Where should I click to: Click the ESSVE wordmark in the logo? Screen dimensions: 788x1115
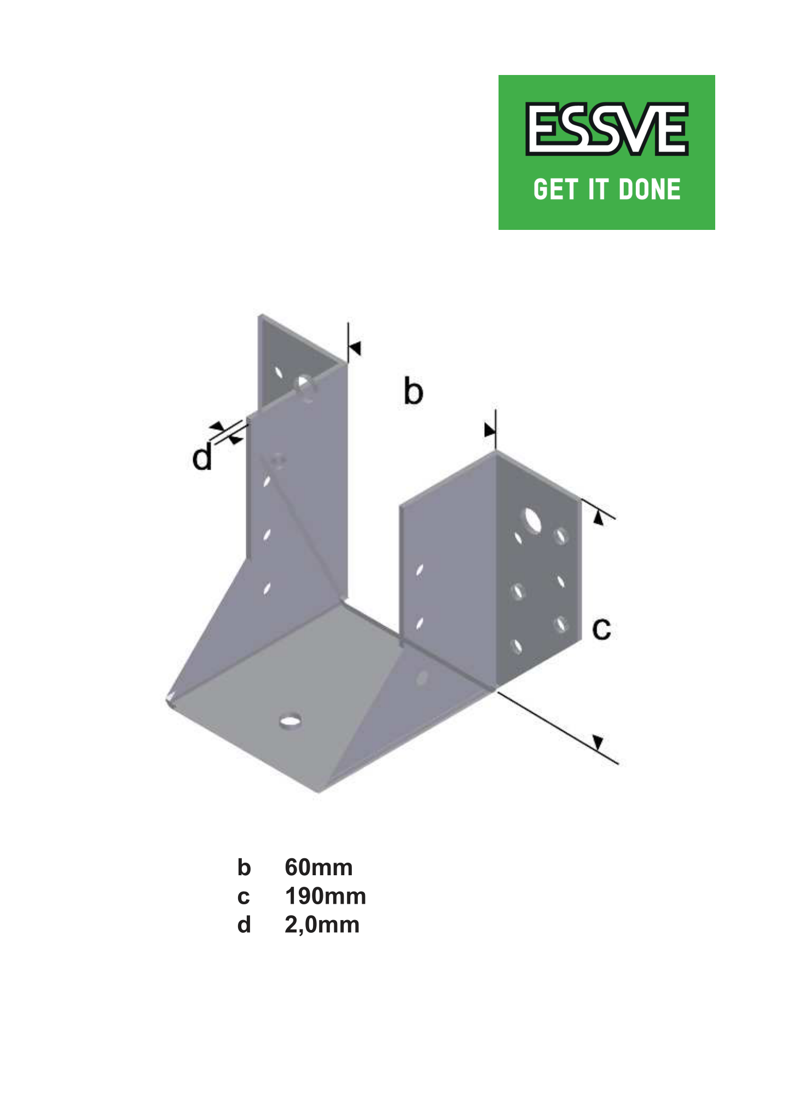click(x=606, y=129)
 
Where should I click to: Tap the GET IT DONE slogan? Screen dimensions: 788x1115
click(x=607, y=189)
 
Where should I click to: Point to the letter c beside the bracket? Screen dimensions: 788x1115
click(x=601, y=629)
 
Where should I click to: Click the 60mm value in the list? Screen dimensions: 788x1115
click(x=318, y=868)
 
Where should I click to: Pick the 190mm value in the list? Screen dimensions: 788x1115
click(x=326, y=896)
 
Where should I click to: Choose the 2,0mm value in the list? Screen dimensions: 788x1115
click(x=322, y=925)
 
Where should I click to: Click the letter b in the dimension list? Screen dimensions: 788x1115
click(x=244, y=868)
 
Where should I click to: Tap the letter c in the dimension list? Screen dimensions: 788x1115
click(x=244, y=897)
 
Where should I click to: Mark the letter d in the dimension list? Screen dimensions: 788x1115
click(x=244, y=925)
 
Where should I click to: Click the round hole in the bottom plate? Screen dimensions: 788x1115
click(x=290, y=720)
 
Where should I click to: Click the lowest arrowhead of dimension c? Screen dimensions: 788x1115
click(x=598, y=743)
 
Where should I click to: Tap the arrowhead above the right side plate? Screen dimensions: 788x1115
click(x=490, y=430)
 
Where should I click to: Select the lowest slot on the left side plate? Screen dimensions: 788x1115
click(x=267, y=589)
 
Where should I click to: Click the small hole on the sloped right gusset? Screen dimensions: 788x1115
click(x=422, y=678)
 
